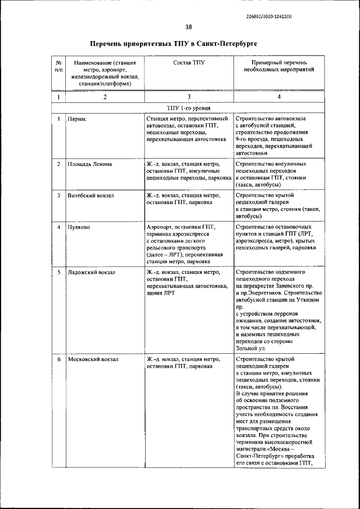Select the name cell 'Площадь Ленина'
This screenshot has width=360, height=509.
(x=89, y=164)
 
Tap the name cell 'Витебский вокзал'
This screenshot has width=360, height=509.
(x=91, y=196)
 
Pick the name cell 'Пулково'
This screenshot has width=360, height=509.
(x=78, y=227)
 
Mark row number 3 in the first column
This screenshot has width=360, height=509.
(x=58, y=196)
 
